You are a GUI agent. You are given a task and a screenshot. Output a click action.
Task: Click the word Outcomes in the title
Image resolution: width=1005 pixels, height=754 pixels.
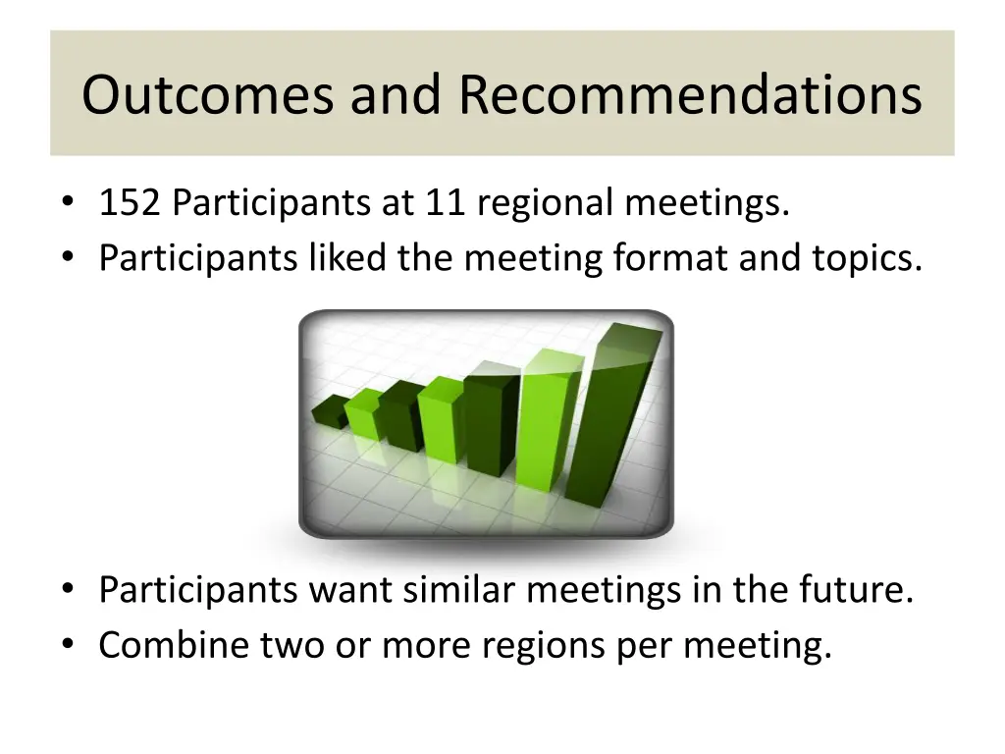point(209,95)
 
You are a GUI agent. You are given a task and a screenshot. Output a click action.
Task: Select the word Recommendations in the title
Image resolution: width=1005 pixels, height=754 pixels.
point(690,95)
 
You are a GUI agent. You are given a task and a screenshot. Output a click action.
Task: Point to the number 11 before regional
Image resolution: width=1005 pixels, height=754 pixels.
point(443,204)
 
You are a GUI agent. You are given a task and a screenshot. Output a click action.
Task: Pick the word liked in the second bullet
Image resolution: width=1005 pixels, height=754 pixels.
point(344,258)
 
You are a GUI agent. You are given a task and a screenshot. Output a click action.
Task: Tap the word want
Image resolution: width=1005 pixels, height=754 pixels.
point(352,591)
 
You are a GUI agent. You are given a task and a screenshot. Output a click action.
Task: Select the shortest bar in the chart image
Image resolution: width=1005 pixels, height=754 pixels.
point(330,411)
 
